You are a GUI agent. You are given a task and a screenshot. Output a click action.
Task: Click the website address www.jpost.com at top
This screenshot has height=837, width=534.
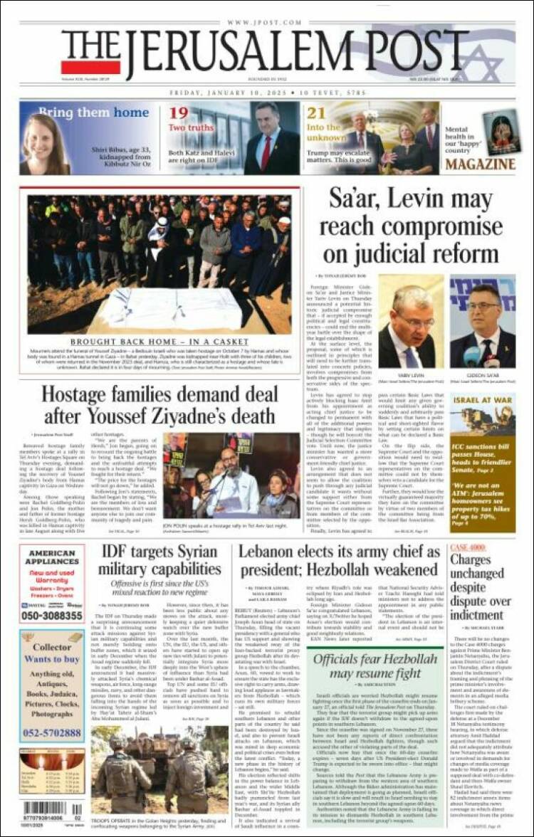267,23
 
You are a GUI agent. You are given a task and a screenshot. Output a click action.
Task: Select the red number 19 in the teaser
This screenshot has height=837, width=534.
178,113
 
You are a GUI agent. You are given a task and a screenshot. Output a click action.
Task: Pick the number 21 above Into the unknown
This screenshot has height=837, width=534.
316,113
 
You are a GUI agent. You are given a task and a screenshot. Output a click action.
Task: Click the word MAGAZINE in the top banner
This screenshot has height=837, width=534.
481,164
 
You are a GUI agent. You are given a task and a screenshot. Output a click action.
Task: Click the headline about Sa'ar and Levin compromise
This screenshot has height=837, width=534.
419,226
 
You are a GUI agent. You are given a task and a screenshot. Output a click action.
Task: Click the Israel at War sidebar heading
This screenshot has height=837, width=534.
483,399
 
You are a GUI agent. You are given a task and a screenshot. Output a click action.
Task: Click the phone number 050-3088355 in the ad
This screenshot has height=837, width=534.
52,616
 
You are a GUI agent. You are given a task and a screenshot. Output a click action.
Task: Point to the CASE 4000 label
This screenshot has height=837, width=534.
467,547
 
